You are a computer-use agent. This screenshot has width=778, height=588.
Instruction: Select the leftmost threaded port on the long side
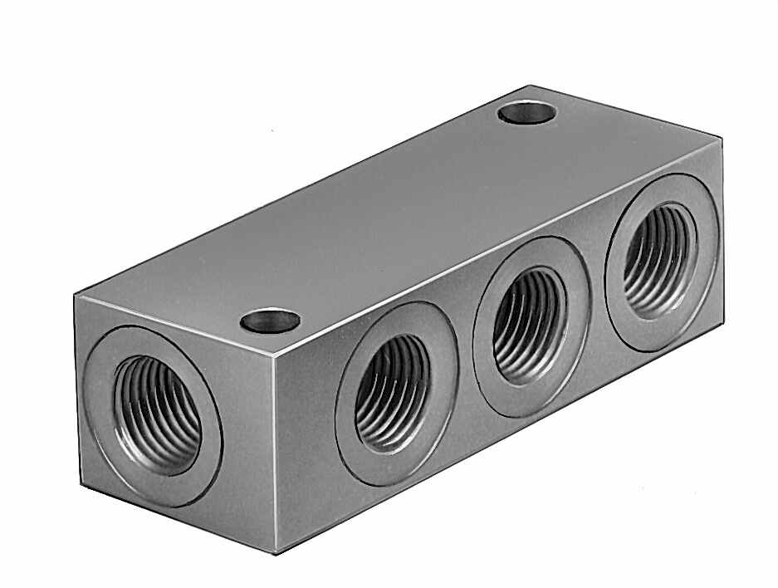[393, 392]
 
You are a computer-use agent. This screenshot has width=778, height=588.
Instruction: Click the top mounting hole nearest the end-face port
[270, 320]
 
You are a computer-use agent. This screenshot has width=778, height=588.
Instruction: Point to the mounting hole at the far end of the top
[526, 112]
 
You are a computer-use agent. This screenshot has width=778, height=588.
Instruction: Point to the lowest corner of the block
[276, 551]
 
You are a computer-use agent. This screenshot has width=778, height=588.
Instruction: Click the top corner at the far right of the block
[721, 140]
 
